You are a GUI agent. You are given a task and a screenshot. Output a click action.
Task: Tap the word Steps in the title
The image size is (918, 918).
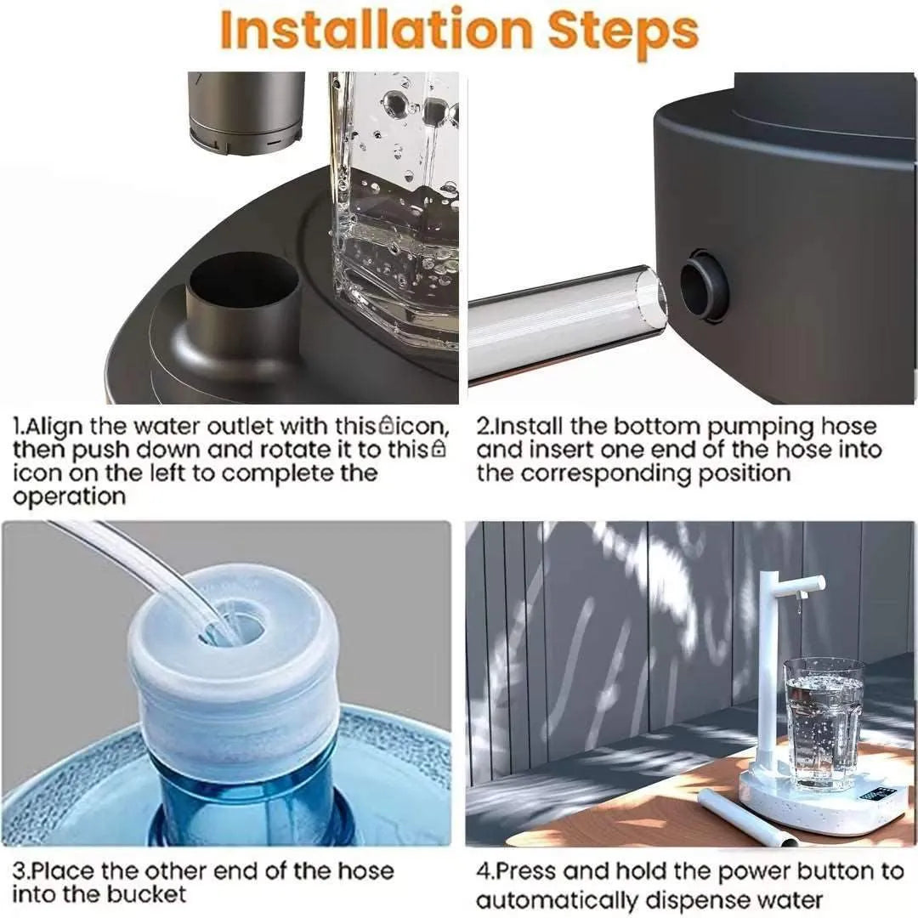click(623, 31)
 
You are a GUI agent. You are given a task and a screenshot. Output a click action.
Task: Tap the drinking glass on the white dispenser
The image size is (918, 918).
click(823, 722)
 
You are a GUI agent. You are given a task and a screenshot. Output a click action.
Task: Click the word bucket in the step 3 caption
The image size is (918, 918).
click(146, 894)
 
